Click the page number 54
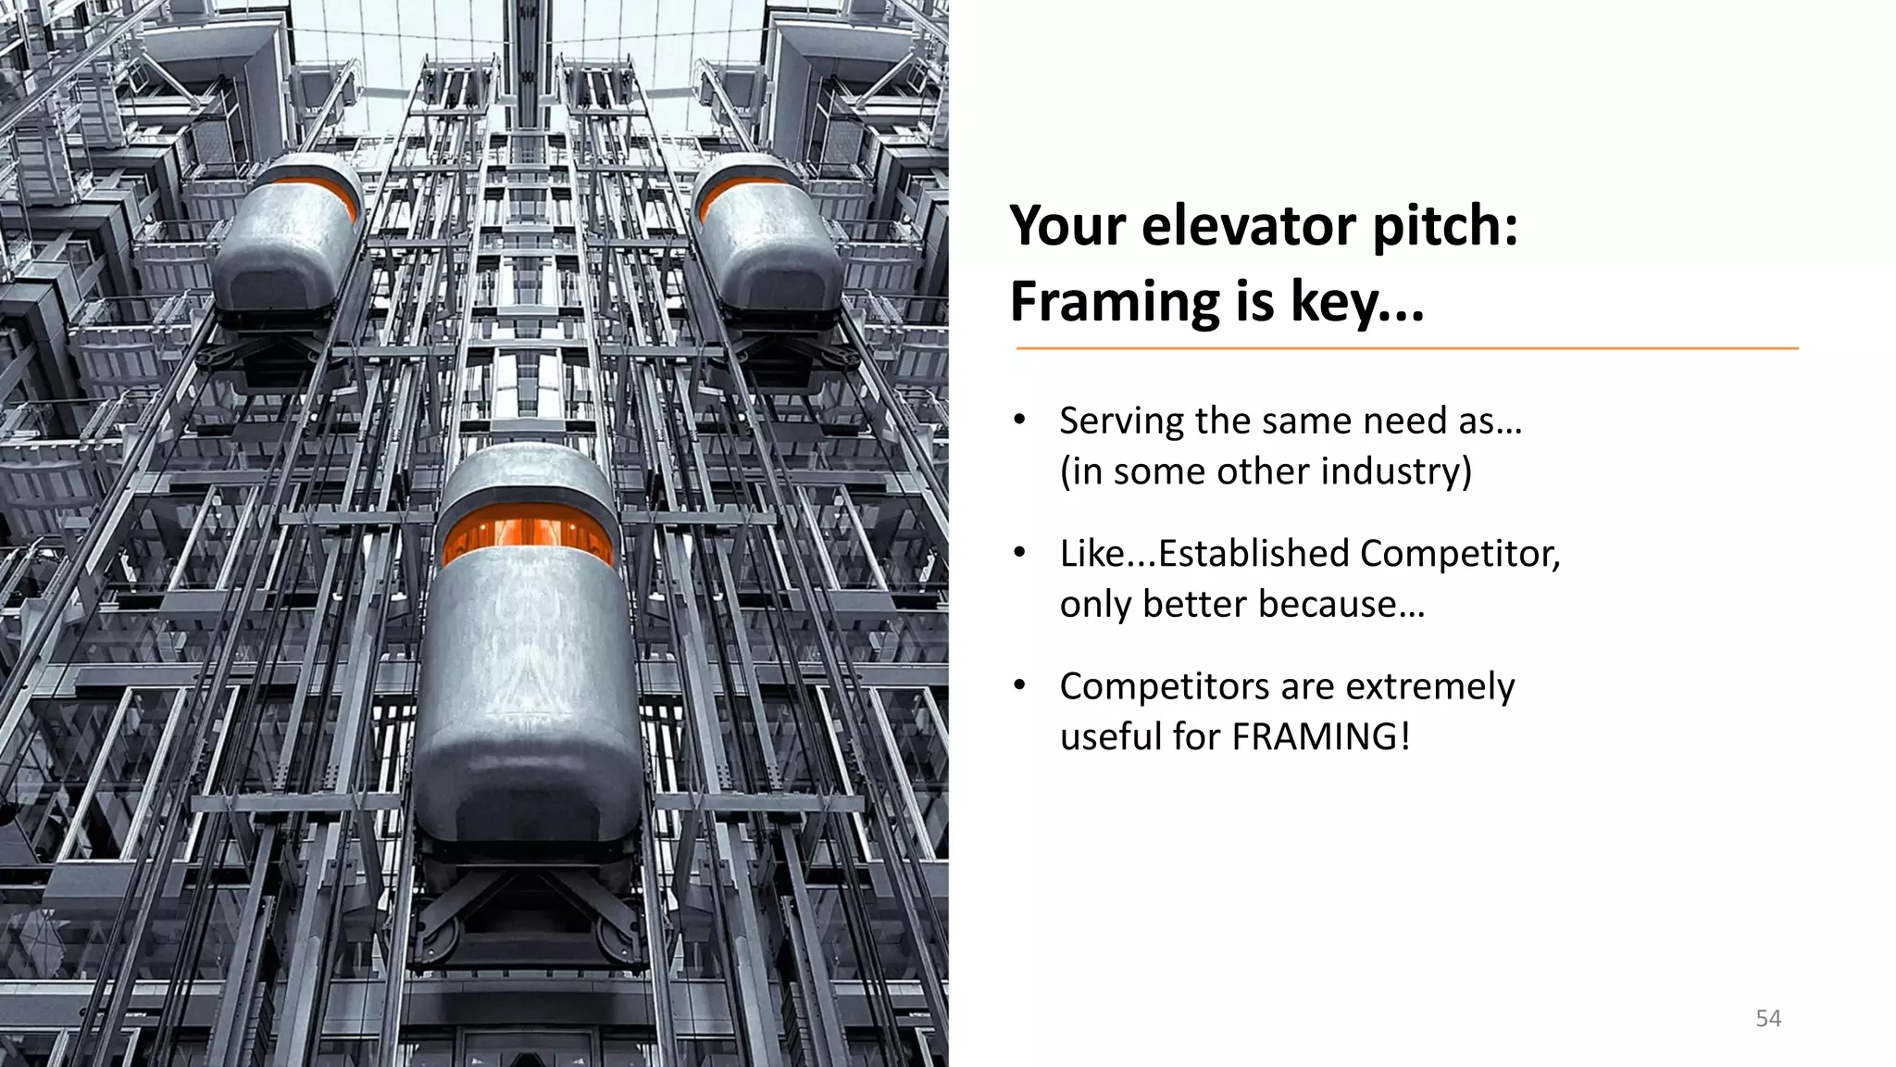pos(1768,1019)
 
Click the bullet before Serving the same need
pos(1019,421)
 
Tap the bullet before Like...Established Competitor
pos(1019,553)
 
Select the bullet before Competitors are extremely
pos(1019,685)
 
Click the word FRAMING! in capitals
pos(1321,737)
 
